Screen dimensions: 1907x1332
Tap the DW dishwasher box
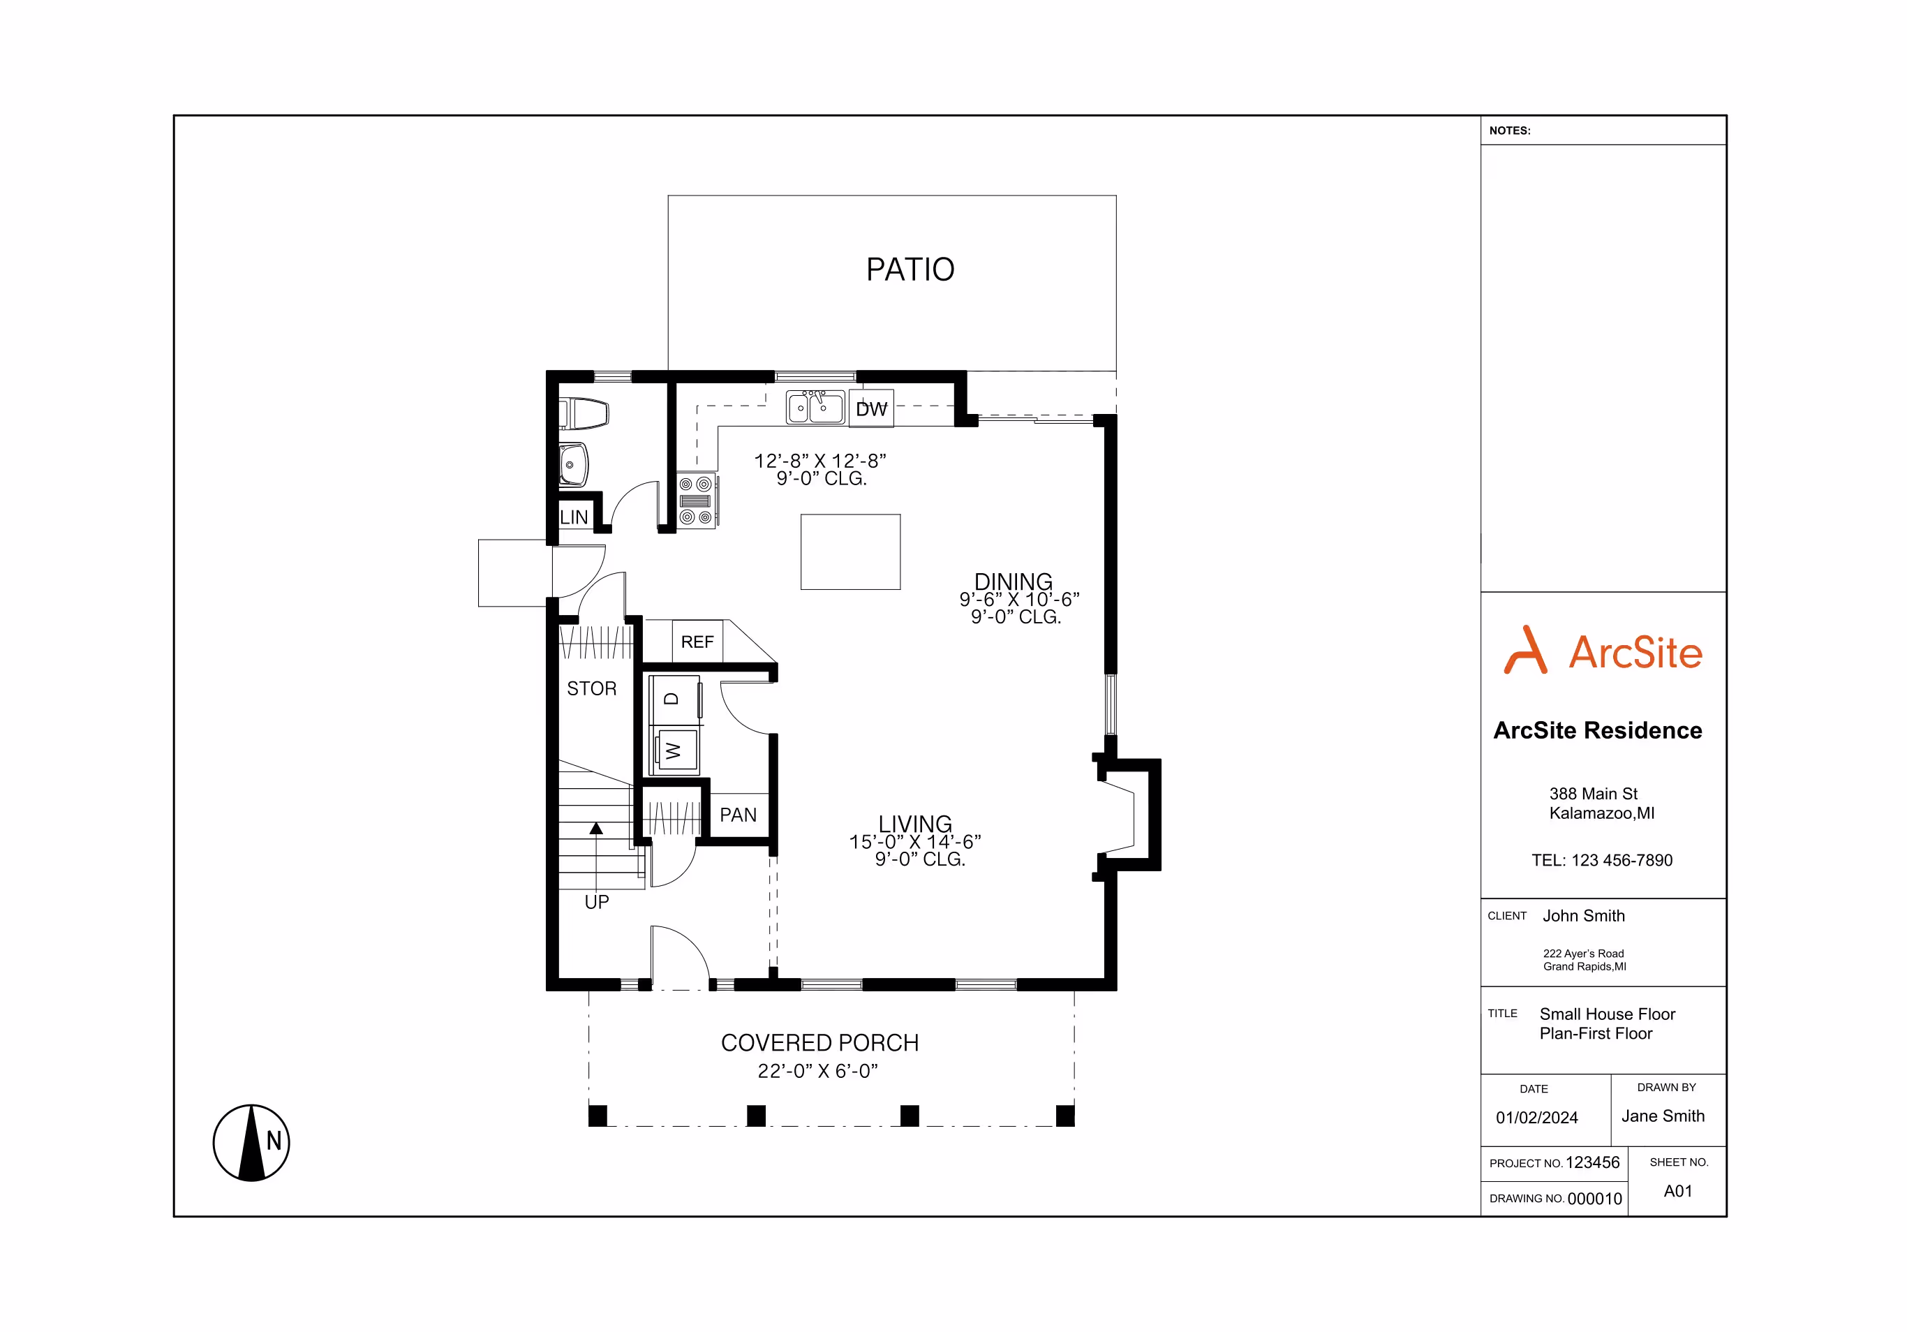coord(871,408)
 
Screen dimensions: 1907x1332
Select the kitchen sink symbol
coord(815,407)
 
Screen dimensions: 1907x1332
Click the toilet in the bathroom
coord(584,413)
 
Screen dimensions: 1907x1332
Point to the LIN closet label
coord(574,517)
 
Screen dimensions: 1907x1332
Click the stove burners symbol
coord(697,501)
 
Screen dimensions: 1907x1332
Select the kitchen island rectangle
coord(850,552)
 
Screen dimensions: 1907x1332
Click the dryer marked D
coord(674,700)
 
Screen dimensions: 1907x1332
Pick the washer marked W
coord(674,750)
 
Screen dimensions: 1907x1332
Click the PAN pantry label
coord(739,815)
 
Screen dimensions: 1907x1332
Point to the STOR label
coord(591,688)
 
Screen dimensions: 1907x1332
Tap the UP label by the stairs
coord(596,902)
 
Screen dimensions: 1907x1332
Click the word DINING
coord(1014,582)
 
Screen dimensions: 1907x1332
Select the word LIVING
coord(915,824)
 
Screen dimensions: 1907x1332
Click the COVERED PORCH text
coord(819,1043)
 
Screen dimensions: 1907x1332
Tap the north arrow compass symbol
coord(252,1143)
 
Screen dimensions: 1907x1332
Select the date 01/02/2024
coord(1536,1118)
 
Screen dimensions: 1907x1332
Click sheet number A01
coord(1678,1191)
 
